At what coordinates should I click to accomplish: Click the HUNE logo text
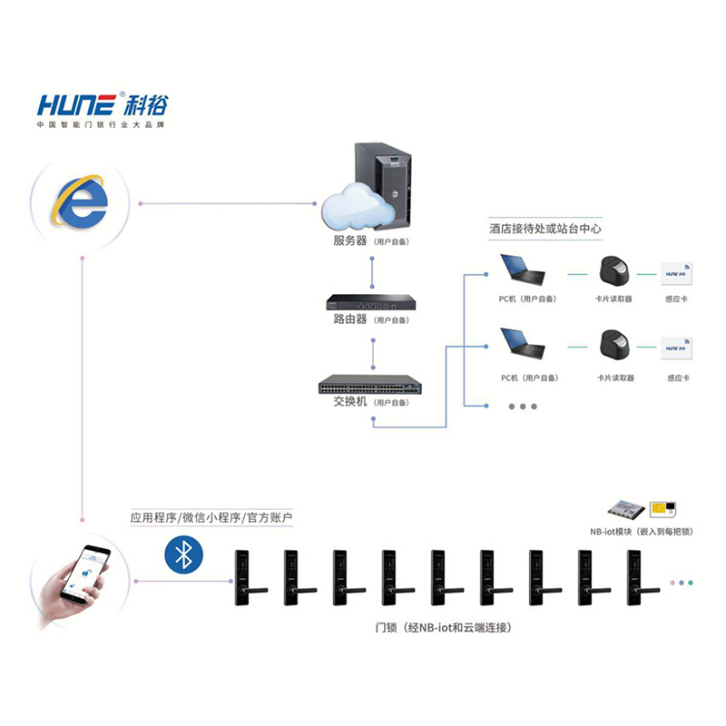tap(76, 103)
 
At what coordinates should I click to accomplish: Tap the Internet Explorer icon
tap(79, 201)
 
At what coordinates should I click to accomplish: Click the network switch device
tap(371, 385)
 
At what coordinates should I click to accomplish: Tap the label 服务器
tap(349, 242)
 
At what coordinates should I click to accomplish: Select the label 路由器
tap(349, 319)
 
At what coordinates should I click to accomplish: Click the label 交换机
tap(349, 401)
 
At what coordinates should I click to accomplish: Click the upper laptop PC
tap(524, 270)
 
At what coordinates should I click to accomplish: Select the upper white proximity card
tap(675, 270)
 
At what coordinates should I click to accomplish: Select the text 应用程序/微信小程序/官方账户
tap(211, 518)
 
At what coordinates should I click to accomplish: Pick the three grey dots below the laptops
tap(523, 406)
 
